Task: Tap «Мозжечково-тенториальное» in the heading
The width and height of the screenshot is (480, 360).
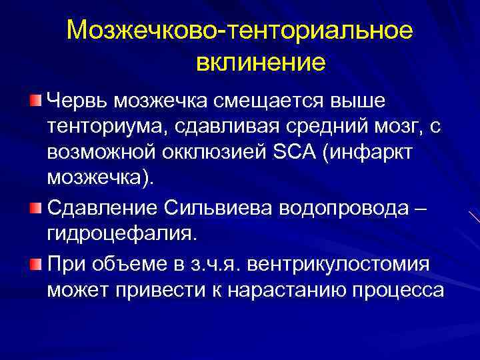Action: click(240, 31)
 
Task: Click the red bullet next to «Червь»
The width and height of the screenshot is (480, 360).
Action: click(35, 101)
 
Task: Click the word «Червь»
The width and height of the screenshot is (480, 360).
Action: click(77, 101)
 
